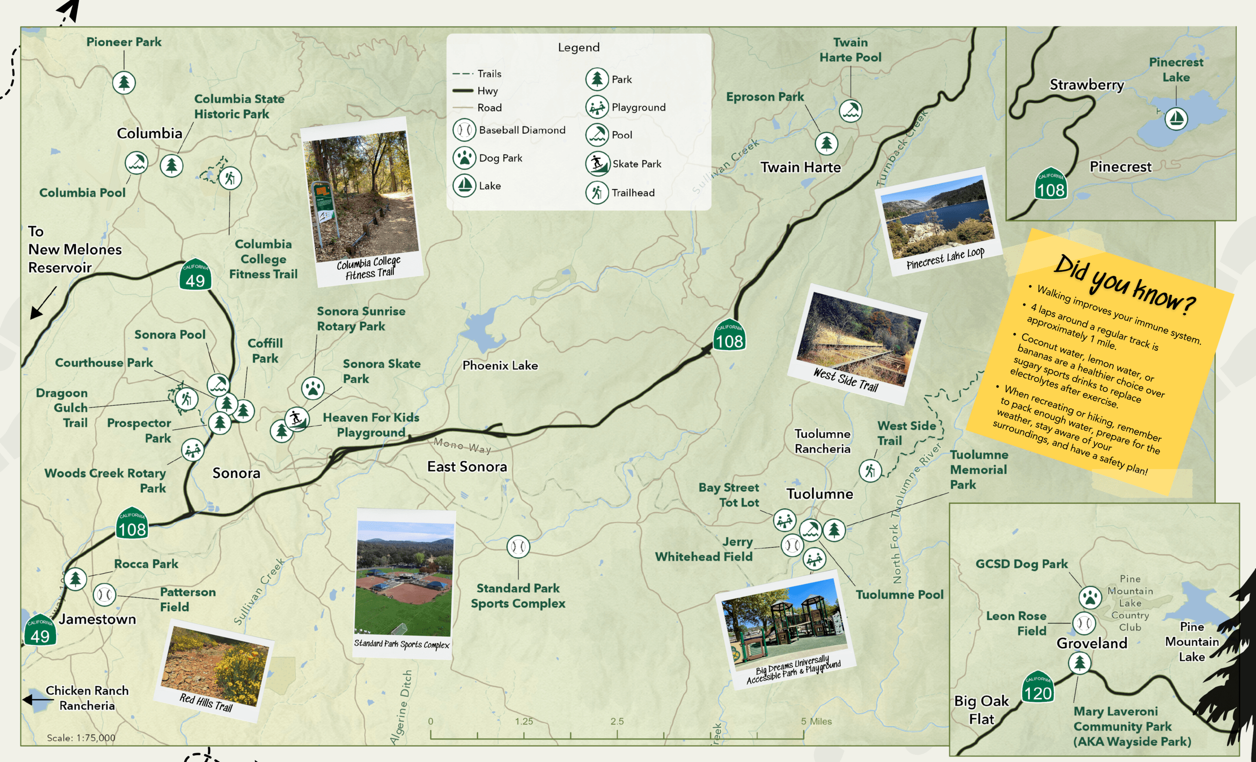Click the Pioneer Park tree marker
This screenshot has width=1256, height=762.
(x=124, y=83)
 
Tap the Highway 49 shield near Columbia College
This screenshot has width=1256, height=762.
(x=195, y=276)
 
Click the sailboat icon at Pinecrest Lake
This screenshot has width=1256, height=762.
(x=1176, y=119)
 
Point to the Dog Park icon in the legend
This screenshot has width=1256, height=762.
(x=464, y=158)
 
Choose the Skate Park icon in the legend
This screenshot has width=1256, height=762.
(x=598, y=164)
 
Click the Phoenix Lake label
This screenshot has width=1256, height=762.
(x=500, y=365)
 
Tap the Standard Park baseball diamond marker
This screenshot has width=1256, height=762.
(x=518, y=547)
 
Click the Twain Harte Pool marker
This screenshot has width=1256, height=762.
(x=850, y=111)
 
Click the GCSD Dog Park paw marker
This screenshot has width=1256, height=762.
(x=1090, y=597)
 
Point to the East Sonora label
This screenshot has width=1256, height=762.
(x=467, y=467)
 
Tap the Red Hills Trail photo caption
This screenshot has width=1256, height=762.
(x=206, y=703)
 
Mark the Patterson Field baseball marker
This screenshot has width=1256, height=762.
(x=104, y=595)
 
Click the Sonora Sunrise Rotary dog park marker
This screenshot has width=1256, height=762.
(x=313, y=388)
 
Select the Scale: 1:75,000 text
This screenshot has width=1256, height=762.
(x=81, y=737)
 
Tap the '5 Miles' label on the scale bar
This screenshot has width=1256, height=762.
(x=816, y=721)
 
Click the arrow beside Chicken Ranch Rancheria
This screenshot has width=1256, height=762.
(x=36, y=700)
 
